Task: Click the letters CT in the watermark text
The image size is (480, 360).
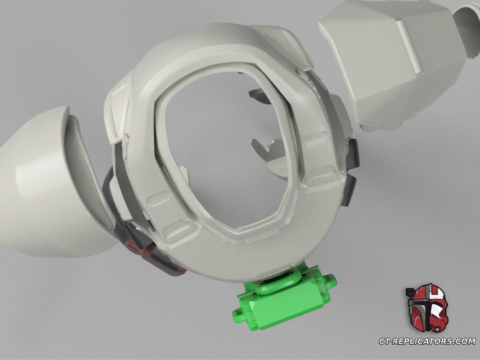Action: click(x=386, y=341)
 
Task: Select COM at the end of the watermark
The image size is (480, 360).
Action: click(x=466, y=341)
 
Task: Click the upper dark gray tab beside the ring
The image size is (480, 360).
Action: click(x=354, y=153)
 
